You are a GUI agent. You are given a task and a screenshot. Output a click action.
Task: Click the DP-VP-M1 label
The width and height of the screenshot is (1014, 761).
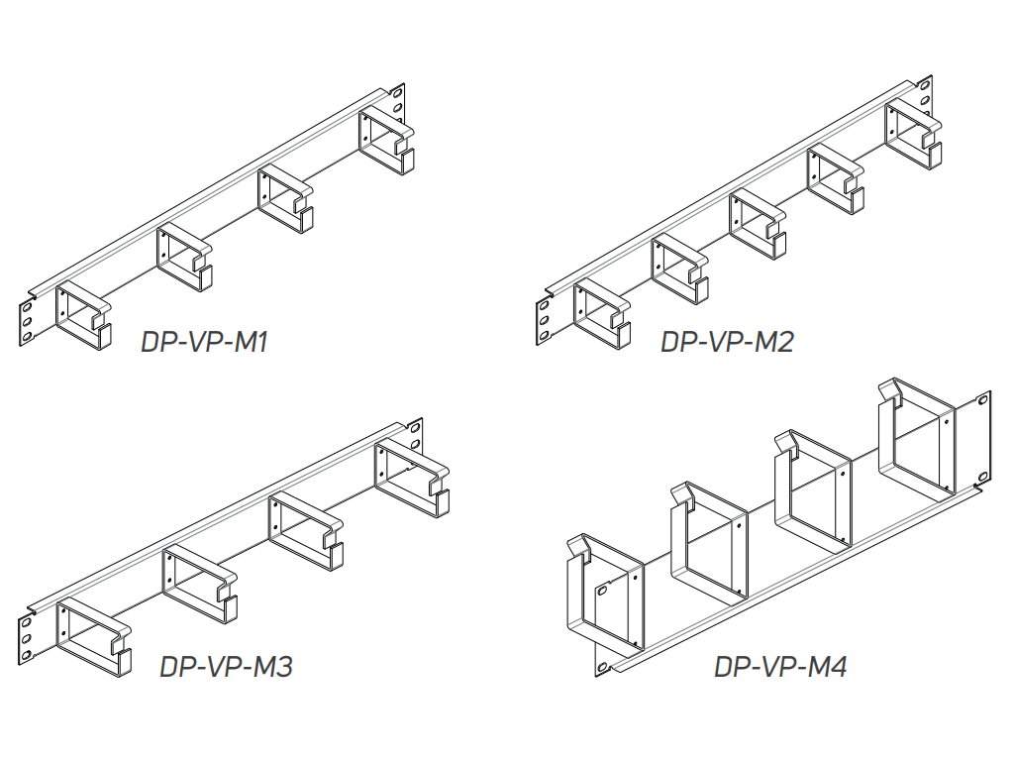[204, 342]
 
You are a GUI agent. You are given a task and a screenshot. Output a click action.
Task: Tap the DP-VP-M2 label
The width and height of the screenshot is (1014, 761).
[727, 342]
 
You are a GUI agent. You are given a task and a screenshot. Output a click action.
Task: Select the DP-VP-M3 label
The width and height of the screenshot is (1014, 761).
[227, 666]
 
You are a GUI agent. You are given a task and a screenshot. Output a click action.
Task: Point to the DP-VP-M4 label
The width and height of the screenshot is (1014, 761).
[780, 666]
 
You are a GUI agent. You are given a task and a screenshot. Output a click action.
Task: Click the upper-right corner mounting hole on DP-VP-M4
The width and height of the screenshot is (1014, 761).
[983, 400]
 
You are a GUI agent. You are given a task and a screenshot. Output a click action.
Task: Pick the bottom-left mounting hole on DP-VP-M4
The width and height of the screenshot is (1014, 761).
[603, 667]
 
